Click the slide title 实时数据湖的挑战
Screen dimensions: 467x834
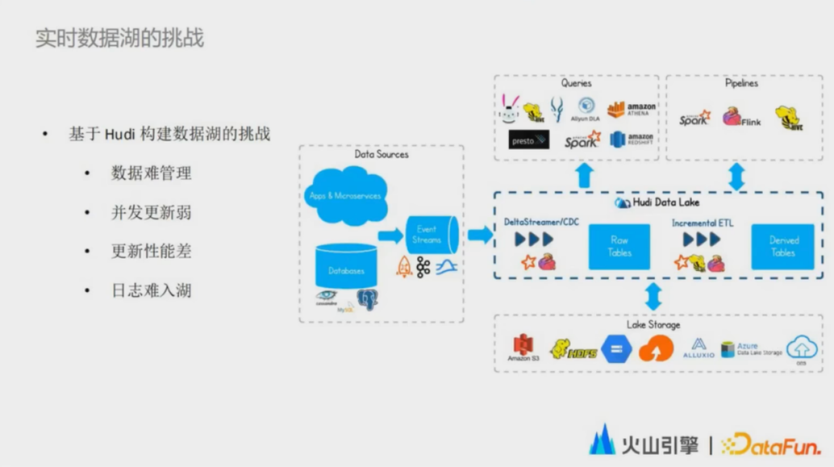(x=120, y=39)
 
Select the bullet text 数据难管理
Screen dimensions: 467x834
(x=151, y=173)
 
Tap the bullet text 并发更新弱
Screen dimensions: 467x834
(x=151, y=212)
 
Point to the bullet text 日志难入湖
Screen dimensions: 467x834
(x=151, y=291)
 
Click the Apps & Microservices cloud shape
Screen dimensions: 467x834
(x=345, y=195)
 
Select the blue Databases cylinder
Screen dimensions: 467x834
(x=345, y=267)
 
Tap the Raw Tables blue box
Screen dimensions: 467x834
(x=619, y=246)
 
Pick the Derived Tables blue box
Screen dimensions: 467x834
(x=783, y=246)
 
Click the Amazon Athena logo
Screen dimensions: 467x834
(x=631, y=110)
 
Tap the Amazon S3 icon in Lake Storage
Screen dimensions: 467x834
(x=523, y=347)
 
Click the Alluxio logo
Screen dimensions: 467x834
(x=698, y=348)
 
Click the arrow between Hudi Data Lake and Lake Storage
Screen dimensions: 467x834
(x=653, y=296)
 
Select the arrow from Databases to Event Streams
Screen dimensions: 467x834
(x=391, y=235)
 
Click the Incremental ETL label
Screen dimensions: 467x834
(x=703, y=223)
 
